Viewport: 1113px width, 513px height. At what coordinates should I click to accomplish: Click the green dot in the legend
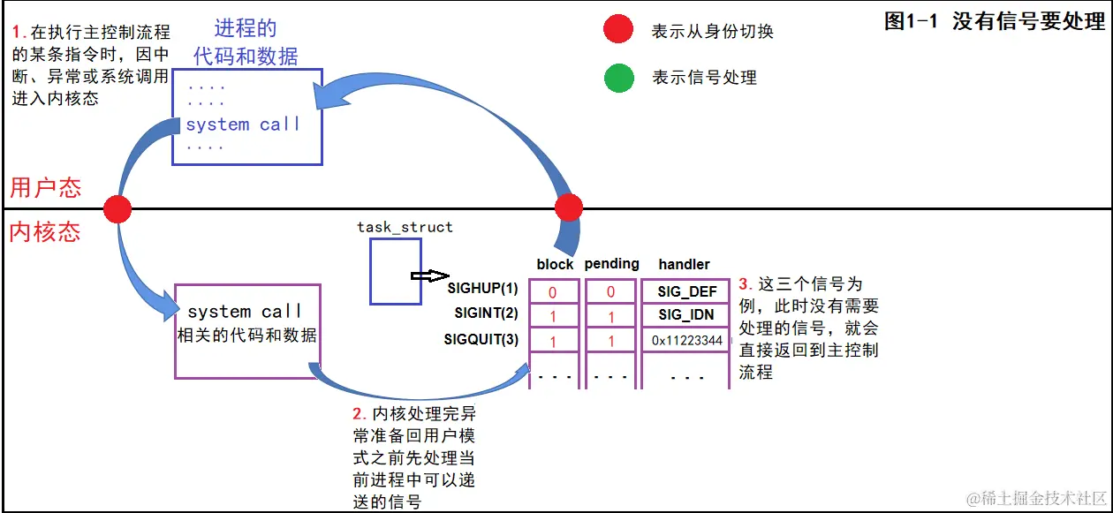tap(618, 78)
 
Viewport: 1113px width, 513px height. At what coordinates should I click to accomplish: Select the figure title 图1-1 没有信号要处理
tap(995, 22)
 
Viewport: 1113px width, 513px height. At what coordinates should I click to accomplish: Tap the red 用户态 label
tap(45, 187)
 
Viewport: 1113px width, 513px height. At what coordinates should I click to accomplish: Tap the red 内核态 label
tap(45, 232)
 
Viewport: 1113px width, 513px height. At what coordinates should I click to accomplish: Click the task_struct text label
tap(405, 227)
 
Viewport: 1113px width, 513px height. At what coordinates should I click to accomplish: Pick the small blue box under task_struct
tap(390, 271)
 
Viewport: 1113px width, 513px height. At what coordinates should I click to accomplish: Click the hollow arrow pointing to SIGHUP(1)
tap(430, 275)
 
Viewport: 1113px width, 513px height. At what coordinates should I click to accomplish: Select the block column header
tap(555, 264)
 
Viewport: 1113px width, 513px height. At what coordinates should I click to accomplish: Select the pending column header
tap(611, 263)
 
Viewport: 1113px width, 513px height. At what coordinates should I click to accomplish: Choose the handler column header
tap(684, 264)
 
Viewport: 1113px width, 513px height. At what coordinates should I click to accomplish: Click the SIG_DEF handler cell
tap(686, 291)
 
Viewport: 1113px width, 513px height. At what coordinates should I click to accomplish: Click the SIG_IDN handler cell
tap(686, 315)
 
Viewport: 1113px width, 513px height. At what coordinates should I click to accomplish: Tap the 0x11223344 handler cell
tap(686, 340)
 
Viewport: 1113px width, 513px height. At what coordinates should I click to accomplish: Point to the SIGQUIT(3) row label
tap(481, 340)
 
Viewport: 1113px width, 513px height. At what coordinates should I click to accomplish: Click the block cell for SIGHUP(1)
tap(553, 291)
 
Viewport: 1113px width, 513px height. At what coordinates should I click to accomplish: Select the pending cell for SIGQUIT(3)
tap(610, 341)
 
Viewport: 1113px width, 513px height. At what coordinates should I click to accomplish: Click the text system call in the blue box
tap(243, 124)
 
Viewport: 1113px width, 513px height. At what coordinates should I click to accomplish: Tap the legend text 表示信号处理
tap(704, 78)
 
